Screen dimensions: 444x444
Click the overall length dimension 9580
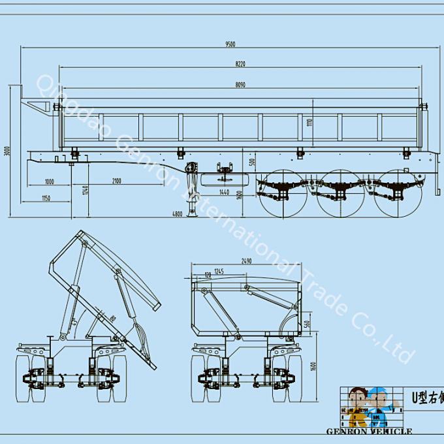[230, 44]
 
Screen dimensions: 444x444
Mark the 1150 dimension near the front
[46, 198]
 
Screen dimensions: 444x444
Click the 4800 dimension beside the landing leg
[177, 213]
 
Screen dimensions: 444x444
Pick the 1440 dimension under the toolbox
[224, 192]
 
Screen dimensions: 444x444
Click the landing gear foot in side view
[193, 215]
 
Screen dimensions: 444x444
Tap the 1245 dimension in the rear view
[219, 271]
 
